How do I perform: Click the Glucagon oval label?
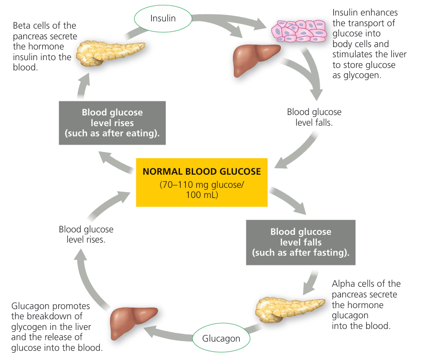coord(221,338)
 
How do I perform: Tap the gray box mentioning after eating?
coord(113,123)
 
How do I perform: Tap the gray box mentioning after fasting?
coord(301,242)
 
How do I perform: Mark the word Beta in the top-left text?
coord(23,26)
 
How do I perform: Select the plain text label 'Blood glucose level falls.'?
coord(314,117)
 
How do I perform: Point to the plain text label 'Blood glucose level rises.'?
coord(86,234)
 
